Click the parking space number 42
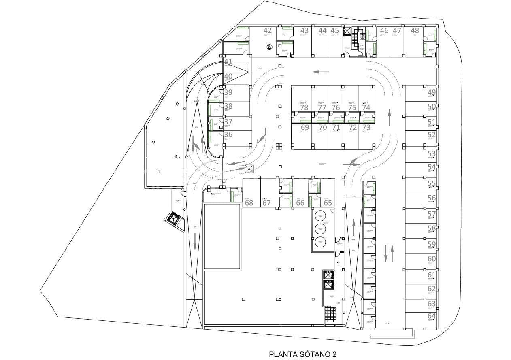[x=267, y=30]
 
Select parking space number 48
[x=415, y=30]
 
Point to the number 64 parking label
[x=432, y=316]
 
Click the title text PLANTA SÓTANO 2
[x=302, y=354]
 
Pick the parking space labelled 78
[x=304, y=107]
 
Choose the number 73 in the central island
[x=366, y=127]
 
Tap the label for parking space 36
[x=228, y=135]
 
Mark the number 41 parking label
[x=228, y=62]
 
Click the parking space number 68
[x=249, y=203]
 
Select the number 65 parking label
[x=328, y=203]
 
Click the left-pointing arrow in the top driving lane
[x=320, y=72]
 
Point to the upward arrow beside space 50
[x=390, y=117]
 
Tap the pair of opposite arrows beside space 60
[x=388, y=253]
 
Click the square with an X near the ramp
[x=249, y=169]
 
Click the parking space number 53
[x=432, y=154]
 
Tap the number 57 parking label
[x=432, y=214]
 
